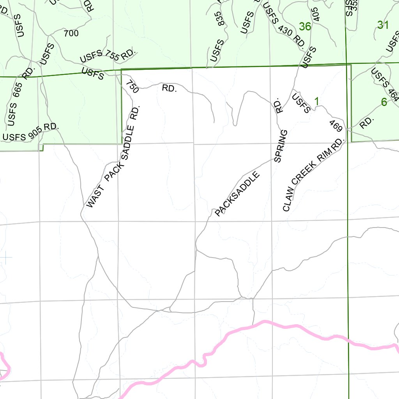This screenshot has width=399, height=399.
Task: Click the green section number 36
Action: (305, 26)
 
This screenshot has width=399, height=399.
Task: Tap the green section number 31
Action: (383, 25)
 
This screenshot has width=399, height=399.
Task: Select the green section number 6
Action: (384, 102)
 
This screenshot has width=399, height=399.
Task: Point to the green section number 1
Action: (317, 101)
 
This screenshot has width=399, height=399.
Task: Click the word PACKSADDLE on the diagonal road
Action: (237, 194)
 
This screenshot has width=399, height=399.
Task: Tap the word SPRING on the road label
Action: (281, 146)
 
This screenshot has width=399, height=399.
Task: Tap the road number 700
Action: (71, 34)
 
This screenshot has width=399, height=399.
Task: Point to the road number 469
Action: (335, 127)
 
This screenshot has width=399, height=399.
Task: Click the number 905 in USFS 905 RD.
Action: (35, 132)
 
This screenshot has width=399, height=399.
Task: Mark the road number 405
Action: (316, 14)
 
